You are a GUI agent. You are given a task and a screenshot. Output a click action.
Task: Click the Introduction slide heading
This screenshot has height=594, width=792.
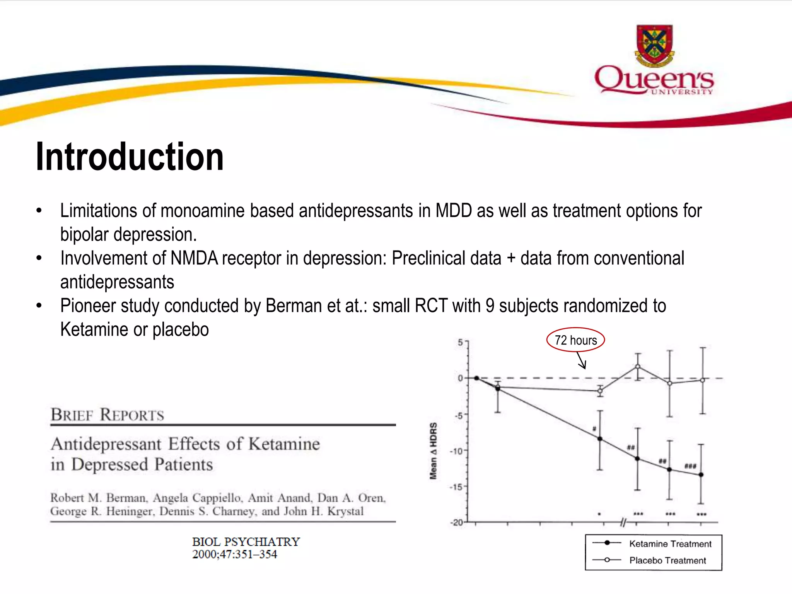pyautogui.click(x=130, y=157)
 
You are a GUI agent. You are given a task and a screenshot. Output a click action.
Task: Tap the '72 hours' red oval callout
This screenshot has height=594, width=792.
pyautogui.click(x=575, y=340)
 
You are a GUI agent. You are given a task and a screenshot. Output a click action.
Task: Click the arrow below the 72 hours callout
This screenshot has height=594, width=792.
pyautogui.click(x=582, y=361)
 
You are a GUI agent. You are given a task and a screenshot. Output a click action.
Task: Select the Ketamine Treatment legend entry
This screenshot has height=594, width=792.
pyautogui.click(x=670, y=544)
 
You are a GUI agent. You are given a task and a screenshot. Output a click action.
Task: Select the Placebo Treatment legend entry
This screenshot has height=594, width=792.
pyautogui.click(x=667, y=560)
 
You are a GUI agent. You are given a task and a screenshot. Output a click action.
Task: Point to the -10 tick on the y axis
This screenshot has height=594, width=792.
pyautogui.click(x=457, y=451)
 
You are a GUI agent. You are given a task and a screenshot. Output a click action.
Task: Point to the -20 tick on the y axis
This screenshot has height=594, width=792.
pyautogui.click(x=457, y=522)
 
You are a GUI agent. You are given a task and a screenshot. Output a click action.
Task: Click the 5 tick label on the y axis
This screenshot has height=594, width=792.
pyautogui.click(x=460, y=342)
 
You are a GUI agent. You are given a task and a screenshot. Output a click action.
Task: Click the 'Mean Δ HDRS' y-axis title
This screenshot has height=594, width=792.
pyautogui.click(x=434, y=451)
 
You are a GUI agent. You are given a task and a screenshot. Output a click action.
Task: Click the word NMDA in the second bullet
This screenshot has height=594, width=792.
pyautogui.click(x=194, y=258)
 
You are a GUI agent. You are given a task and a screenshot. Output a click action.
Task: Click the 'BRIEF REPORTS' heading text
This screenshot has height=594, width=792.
pyautogui.click(x=108, y=415)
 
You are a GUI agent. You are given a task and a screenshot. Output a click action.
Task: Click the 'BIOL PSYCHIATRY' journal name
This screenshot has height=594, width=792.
pyautogui.click(x=246, y=541)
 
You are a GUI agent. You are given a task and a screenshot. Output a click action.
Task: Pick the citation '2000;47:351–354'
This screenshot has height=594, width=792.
pyautogui.click(x=235, y=554)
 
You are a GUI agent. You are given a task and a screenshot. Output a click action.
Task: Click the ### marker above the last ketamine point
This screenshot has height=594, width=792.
pyautogui.click(x=690, y=466)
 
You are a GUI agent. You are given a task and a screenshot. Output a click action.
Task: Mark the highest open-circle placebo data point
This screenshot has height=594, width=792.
pyautogui.click(x=638, y=366)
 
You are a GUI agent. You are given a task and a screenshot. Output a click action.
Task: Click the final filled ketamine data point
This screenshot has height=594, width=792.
pyautogui.click(x=701, y=475)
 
